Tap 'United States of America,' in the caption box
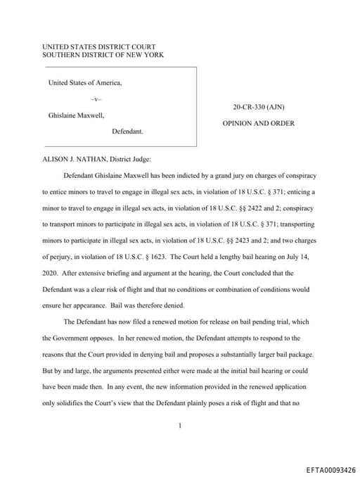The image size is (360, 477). pos(85,83)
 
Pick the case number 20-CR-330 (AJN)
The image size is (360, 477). pos(258,107)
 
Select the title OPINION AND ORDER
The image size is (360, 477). pos(258,123)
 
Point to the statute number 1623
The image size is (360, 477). pos(154,256)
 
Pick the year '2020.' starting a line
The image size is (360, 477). pos(50,272)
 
